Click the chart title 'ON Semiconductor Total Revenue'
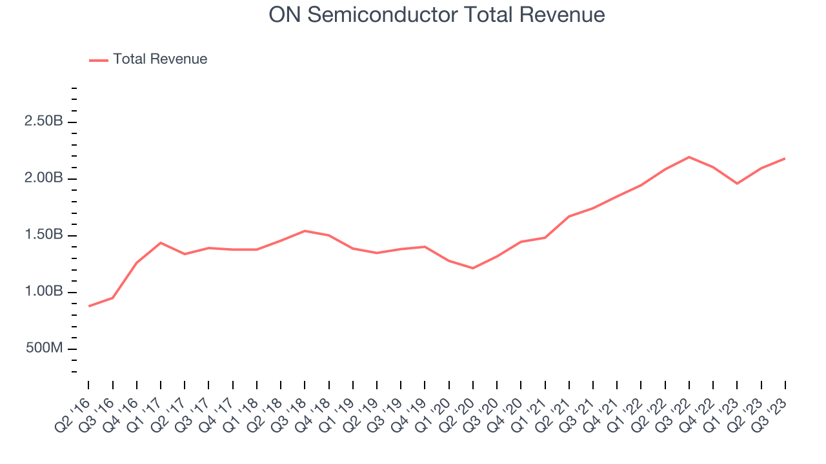(437, 14)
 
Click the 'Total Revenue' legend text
(160, 59)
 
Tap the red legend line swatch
(99, 60)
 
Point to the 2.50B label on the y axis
(44, 121)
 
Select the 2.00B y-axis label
(44, 178)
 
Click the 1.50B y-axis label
(44, 235)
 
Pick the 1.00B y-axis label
(44, 291)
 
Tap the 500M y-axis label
(44, 349)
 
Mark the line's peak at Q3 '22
(689, 157)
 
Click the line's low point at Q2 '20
(473, 268)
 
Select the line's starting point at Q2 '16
(89, 306)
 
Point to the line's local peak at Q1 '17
(161, 243)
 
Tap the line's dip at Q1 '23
(737, 184)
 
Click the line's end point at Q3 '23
(785, 159)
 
